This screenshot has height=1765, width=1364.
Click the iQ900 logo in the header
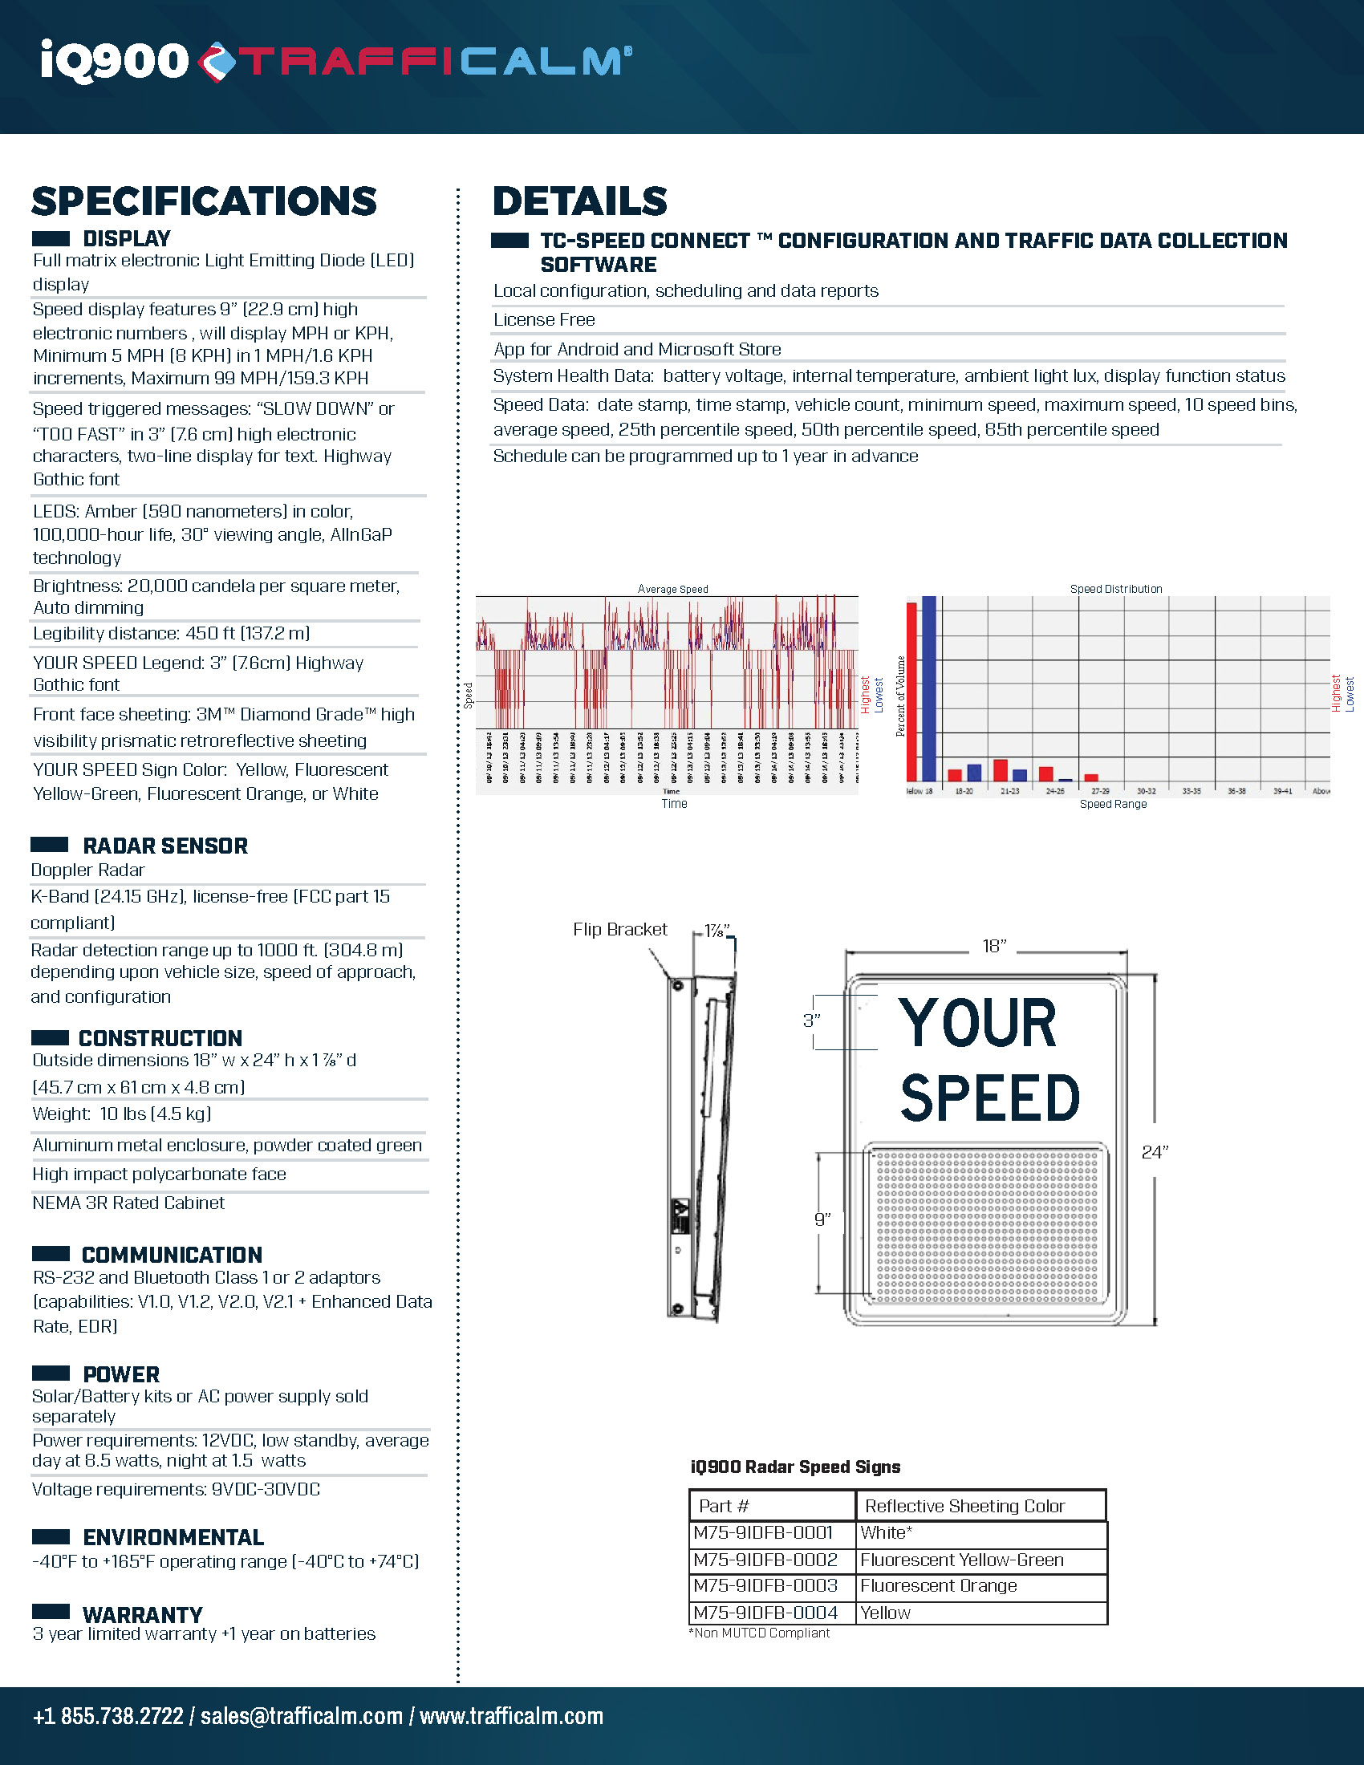[114, 61]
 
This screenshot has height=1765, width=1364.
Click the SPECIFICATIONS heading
[204, 201]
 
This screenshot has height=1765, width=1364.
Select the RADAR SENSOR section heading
[164, 846]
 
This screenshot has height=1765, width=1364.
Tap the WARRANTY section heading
[142, 1615]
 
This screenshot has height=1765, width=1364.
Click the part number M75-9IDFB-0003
[765, 1585]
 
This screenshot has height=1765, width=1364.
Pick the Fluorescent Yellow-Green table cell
[961, 1560]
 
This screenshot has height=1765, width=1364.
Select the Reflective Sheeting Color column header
[964, 1506]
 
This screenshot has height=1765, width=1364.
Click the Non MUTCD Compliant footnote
[761, 1633]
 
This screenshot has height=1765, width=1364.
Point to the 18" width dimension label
[994, 946]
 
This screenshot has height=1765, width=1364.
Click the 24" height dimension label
[1154, 1152]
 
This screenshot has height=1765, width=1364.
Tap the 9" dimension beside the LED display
[822, 1219]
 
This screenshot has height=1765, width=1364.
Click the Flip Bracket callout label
[619, 929]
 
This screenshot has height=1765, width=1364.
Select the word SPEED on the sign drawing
[989, 1098]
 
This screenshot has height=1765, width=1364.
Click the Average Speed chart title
[672, 589]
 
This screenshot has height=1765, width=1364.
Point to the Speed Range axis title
[1113, 804]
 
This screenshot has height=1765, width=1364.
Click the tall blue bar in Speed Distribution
[928, 687]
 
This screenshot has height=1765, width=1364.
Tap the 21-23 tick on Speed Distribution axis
[1009, 791]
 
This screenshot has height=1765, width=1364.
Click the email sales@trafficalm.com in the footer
[301, 1716]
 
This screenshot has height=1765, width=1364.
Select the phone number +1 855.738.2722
[108, 1716]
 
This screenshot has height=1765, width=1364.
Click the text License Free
[544, 320]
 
